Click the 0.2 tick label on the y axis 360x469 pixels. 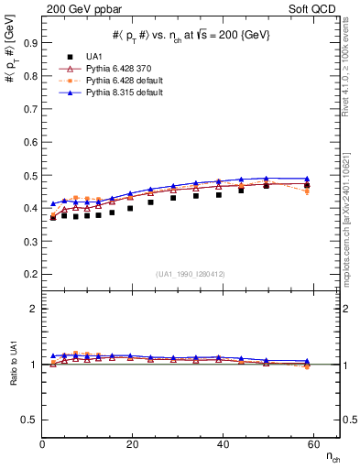30,274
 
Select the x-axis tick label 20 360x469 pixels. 132,446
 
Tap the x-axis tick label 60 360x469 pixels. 312,446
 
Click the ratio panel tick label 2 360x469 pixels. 34,310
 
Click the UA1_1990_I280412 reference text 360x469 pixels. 191,274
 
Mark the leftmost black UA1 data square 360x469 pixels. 53,218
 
